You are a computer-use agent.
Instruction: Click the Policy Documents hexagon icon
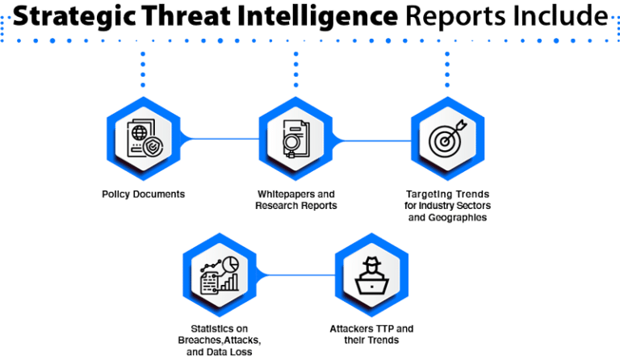pos(143,140)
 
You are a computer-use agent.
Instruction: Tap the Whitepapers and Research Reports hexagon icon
pos(295,140)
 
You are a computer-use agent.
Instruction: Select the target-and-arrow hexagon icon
pos(446,140)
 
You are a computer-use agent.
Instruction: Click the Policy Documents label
pos(143,195)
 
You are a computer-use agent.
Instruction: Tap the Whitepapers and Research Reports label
pos(295,199)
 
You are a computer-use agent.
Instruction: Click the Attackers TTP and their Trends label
pos(370,333)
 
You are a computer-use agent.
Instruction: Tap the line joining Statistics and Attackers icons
pos(293,276)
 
